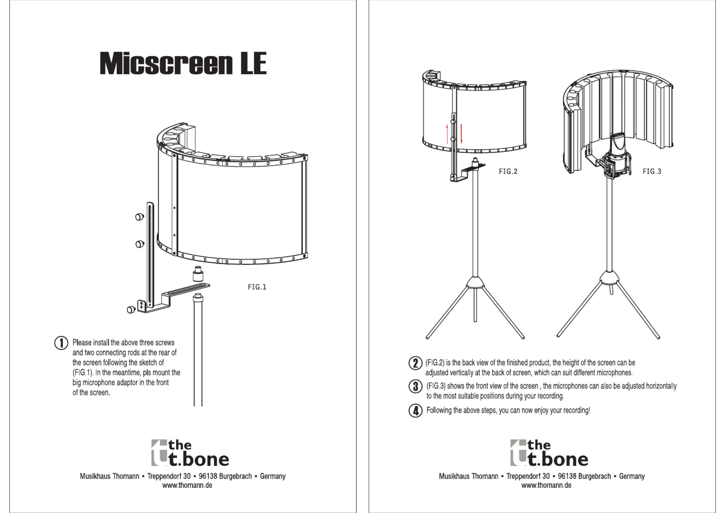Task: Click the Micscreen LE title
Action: [183, 63]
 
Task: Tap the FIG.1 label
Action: [257, 287]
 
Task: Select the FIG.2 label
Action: [508, 171]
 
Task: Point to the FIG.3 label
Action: [652, 171]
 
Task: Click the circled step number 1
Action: [61, 343]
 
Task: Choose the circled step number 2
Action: [416, 363]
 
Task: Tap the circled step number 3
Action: [416, 386]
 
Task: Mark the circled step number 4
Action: [416, 411]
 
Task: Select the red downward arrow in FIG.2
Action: [461, 133]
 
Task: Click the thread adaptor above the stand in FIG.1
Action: [198, 274]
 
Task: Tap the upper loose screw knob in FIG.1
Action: [140, 217]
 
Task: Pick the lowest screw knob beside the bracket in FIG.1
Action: [131, 310]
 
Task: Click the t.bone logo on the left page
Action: [190, 453]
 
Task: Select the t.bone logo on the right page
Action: [549, 453]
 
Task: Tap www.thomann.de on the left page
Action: [187, 485]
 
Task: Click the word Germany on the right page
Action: [632, 476]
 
